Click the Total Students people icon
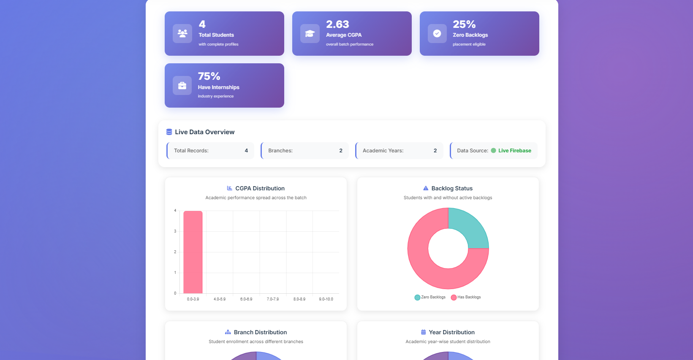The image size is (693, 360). click(182, 33)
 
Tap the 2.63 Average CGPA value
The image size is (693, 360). click(337, 24)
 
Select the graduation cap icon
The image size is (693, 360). click(310, 33)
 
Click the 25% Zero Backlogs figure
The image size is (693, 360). click(464, 24)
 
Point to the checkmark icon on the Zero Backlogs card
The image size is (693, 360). click(437, 33)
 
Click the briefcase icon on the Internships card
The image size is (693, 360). click(182, 86)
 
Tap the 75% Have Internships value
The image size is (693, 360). click(209, 76)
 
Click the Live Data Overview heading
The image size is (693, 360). click(204, 132)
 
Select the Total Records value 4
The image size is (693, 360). click(246, 151)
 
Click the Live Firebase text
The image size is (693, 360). click(514, 151)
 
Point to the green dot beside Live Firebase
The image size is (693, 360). click(493, 151)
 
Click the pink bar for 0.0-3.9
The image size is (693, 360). click(193, 252)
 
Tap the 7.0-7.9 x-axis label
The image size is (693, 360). click(273, 299)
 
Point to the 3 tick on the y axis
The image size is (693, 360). click(175, 231)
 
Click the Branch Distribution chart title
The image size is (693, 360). click(260, 333)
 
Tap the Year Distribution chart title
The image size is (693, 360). click(451, 333)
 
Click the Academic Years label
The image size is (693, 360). click(383, 151)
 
